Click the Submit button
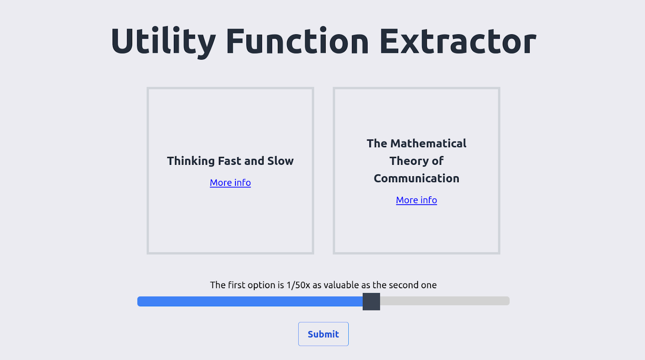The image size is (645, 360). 323,334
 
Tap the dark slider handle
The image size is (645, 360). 371,302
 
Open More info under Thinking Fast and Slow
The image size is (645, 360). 230,183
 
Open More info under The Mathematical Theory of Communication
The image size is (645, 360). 416,200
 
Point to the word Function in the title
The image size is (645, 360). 297,41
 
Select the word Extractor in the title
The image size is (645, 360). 458,41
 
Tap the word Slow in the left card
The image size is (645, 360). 281,161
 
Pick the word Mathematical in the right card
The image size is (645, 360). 428,144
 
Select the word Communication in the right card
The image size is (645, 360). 416,179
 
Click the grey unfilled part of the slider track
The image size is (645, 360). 445,301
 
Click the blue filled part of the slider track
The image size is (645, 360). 250,302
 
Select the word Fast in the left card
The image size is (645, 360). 230,161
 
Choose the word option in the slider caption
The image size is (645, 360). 262,285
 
